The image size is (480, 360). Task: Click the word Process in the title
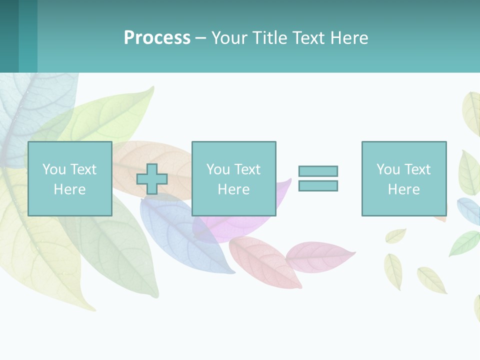(x=157, y=38)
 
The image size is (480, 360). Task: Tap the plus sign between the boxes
(x=152, y=179)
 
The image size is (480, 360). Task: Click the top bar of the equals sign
(x=318, y=171)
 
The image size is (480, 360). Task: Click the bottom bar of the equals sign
(x=318, y=185)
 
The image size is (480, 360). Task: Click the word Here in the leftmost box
(x=69, y=189)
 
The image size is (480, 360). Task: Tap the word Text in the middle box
(x=247, y=169)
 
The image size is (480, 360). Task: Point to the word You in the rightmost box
(x=388, y=169)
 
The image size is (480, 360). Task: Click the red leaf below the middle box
(x=262, y=260)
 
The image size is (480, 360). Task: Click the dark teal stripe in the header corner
(x=9, y=36)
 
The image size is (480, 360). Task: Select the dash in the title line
(x=201, y=38)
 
